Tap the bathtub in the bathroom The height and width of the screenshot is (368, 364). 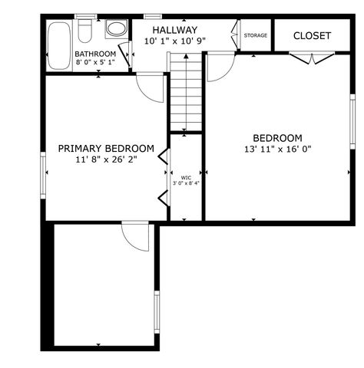tap(58, 45)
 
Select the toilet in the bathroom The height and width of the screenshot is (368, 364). tap(86, 30)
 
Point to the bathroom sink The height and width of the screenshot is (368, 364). tap(116, 29)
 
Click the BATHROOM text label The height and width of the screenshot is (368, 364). tap(95, 54)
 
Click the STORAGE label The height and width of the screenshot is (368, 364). tap(256, 35)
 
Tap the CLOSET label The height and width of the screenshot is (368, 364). tap(312, 36)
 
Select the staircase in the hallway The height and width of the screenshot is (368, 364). tap(185, 95)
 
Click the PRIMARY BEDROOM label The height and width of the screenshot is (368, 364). tap(106, 149)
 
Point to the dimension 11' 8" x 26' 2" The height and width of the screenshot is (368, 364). tap(106, 160)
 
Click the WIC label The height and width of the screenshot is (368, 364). tap(185, 176)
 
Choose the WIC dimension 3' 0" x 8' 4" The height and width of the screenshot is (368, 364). tap(185, 183)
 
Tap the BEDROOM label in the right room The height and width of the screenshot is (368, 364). tap(277, 138)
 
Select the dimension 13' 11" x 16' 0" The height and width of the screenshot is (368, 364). tap(277, 149)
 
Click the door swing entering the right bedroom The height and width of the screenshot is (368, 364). tap(218, 67)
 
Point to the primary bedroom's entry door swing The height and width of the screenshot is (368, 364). tap(151, 87)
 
